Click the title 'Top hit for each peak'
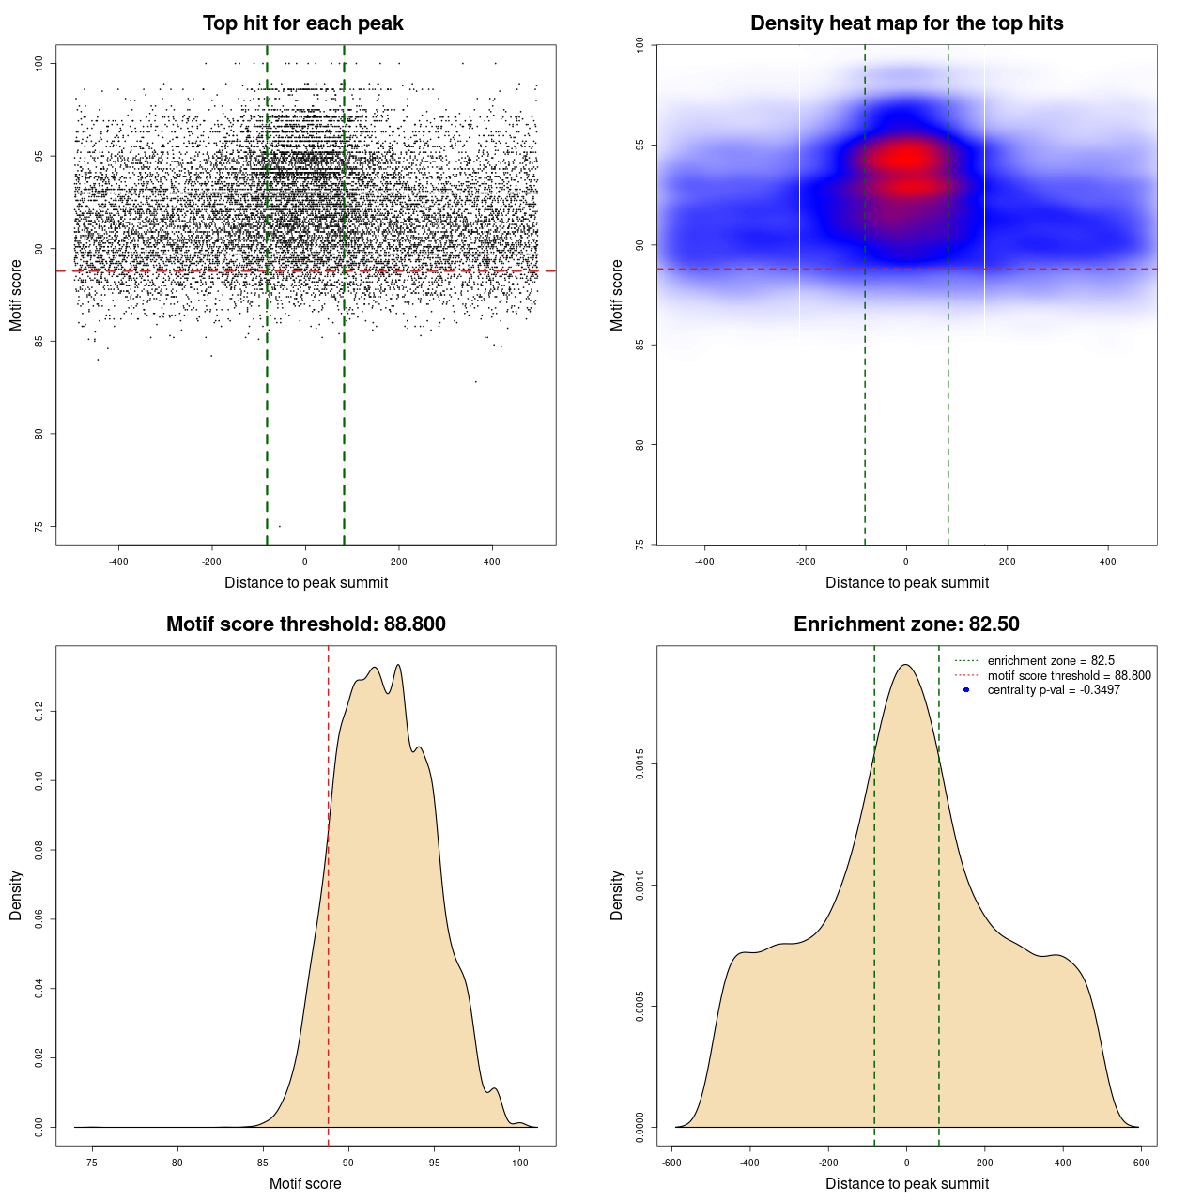click(x=302, y=23)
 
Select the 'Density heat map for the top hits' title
click(x=906, y=23)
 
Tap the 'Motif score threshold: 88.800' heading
click(x=305, y=624)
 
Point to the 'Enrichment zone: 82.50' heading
click(x=906, y=624)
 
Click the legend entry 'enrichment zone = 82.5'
click(x=1051, y=661)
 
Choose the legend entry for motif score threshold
click(x=1069, y=675)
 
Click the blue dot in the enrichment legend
click(x=966, y=690)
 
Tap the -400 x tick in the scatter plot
click(x=118, y=562)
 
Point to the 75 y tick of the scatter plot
click(x=39, y=526)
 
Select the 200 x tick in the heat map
click(x=1007, y=562)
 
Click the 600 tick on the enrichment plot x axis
click(x=1141, y=1163)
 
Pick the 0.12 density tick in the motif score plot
click(x=39, y=713)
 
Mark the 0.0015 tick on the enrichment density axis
click(x=640, y=764)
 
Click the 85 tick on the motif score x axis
click(x=263, y=1163)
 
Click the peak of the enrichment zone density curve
click(x=905, y=665)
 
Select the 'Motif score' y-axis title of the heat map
click(x=616, y=295)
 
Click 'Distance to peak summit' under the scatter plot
click(x=306, y=582)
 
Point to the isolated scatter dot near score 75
click(x=279, y=526)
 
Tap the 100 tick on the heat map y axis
click(x=640, y=44)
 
